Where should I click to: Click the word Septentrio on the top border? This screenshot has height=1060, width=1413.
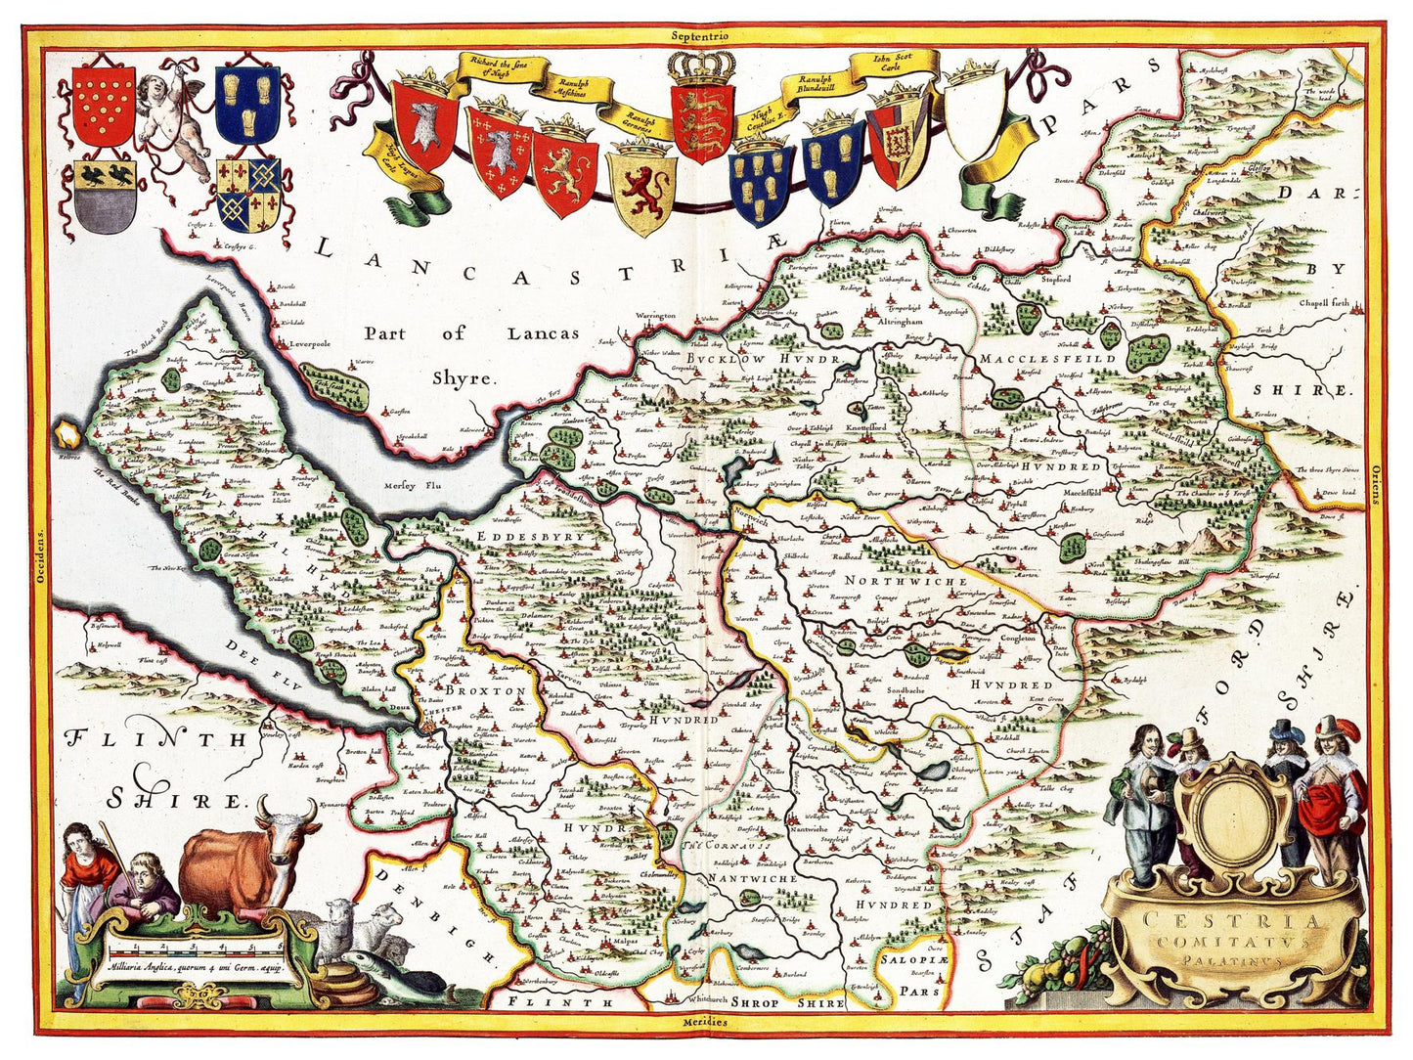click(701, 35)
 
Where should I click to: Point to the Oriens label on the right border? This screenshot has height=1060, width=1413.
click(1374, 484)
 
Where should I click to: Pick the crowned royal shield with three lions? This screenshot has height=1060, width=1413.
click(702, 117)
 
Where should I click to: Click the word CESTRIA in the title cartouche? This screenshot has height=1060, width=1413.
click(1234, 921)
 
